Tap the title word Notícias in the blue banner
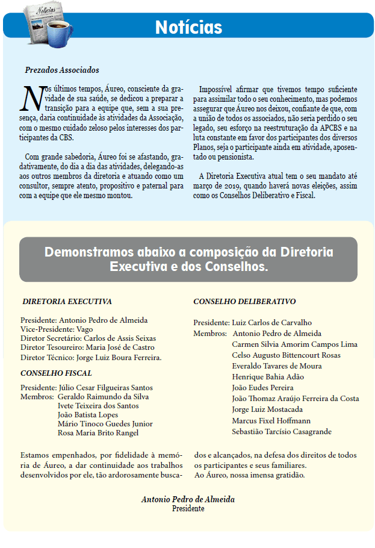188,27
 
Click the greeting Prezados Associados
62,70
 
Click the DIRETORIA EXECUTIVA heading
67,302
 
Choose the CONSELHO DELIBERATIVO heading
244,301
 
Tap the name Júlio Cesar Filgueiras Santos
106,388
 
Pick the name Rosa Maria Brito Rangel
98,433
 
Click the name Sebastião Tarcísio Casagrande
282,432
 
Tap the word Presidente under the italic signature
188,509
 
